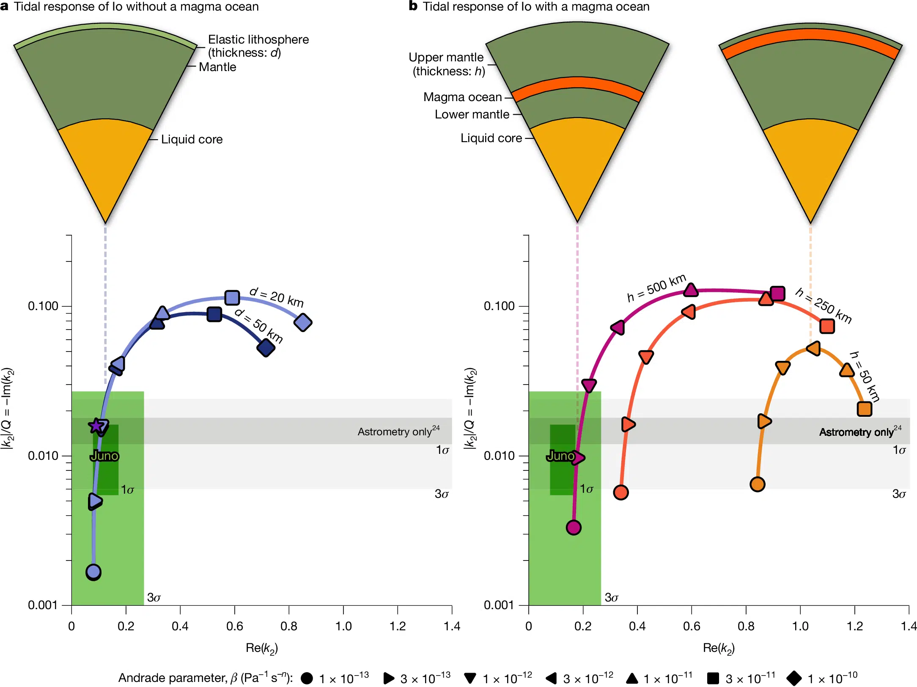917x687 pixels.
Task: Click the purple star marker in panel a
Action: [96, 426]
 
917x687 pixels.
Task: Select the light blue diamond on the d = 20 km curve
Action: [303, 322]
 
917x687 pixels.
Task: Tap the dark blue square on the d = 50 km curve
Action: [214, 314]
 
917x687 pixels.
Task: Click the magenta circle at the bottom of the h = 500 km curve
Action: [574, 528]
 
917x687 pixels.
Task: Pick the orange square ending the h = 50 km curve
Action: [864, 409]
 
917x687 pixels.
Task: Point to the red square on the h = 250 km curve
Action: [827, 326]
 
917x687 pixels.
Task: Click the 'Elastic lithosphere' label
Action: [258, 40]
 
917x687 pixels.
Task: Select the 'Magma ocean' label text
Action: [462, 97]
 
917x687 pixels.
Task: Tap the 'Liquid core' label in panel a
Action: [192, 140]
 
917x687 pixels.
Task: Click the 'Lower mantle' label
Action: [472, 115]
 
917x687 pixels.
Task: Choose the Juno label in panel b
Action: [560, 456]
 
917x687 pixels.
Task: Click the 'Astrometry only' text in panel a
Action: [394, 432]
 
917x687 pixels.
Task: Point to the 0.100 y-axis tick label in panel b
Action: [499, 306]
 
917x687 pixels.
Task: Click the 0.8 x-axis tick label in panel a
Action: [289, 626]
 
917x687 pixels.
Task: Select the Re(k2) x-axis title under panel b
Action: [719, 648]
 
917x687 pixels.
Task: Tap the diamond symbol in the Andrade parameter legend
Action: [794, 678]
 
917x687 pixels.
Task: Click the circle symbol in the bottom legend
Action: [307, 679]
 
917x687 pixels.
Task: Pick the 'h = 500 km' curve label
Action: [656, 288]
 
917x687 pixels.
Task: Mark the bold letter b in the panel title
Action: [413, 6]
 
